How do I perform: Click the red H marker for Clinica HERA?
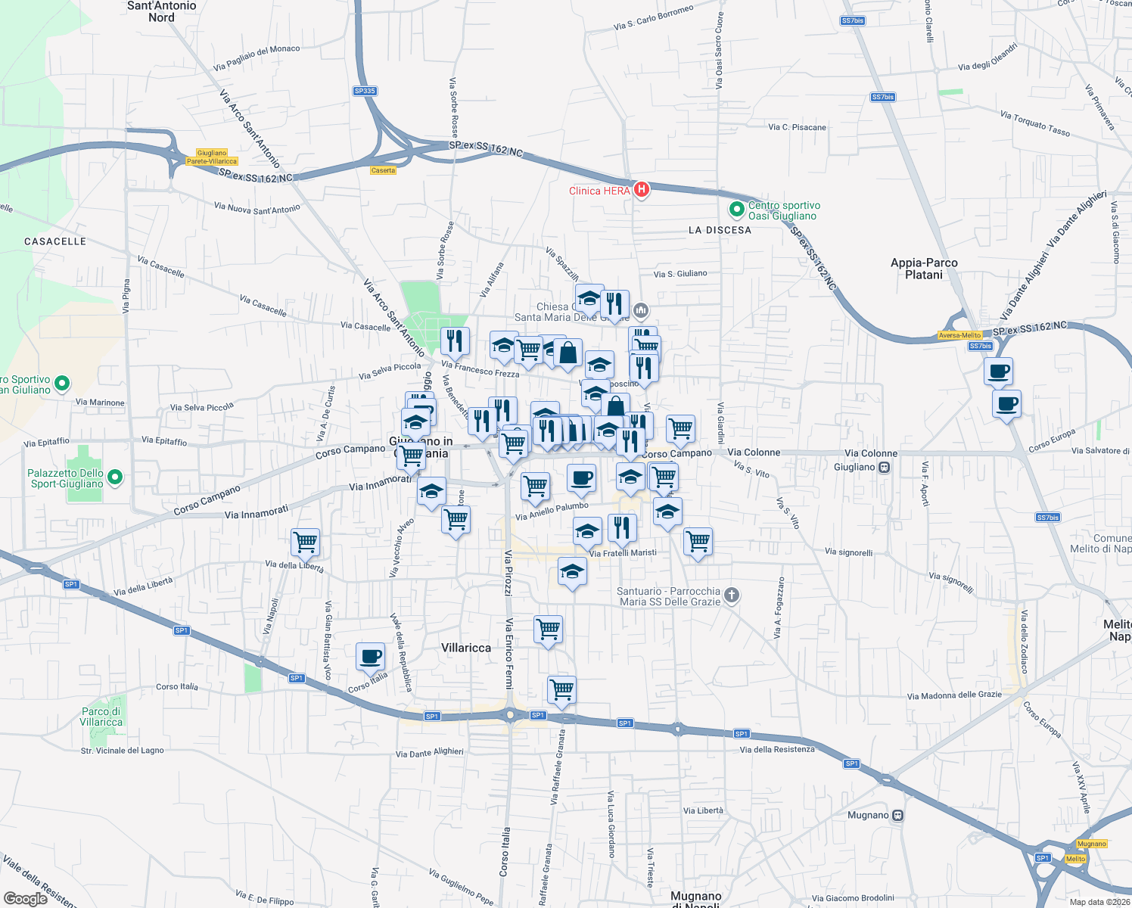point(642,189)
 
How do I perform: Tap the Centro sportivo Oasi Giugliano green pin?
point(736,210)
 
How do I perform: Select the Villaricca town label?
point(466,648)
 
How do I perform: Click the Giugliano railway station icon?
point(884,467)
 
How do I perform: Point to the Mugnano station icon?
point(897,816)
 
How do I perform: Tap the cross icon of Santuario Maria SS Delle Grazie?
point(731,595)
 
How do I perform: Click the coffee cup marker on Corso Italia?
point(370,657)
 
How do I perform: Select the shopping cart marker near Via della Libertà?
point(305,542)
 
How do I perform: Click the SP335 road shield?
point(365,91)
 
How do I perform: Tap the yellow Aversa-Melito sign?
point(959,335)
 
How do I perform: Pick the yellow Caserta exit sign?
point(383,170)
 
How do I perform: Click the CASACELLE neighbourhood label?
point(55,241)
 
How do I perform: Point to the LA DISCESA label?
point(720,230)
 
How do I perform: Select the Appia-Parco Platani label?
point(924,269)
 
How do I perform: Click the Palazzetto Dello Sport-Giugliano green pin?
point(115,477)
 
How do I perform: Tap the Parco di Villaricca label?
point(101,717)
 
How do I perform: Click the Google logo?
point(25,898)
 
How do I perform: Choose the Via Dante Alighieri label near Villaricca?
point(429,753)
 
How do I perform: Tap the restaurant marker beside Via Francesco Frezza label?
point(454,341)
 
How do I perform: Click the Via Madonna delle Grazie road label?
point(953,695)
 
